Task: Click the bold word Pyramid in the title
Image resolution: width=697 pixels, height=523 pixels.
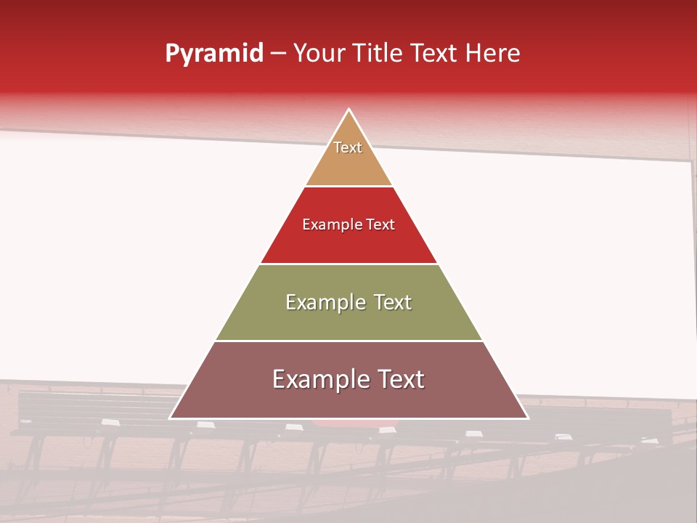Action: [x=213, y=54]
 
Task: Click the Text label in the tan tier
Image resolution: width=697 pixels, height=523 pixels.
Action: [x=348, y=147]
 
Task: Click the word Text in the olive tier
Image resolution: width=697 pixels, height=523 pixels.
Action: [x=393, y=302]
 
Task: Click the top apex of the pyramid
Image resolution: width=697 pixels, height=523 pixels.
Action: [x=348, y=110]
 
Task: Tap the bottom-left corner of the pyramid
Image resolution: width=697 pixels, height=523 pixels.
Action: [x=171, y=418]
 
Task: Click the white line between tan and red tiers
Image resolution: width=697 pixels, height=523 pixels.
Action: [x=348, y=187]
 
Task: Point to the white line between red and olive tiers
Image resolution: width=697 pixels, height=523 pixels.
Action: [x=348, y=264]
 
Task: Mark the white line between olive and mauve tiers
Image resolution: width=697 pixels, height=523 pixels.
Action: [x=348, y=341]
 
